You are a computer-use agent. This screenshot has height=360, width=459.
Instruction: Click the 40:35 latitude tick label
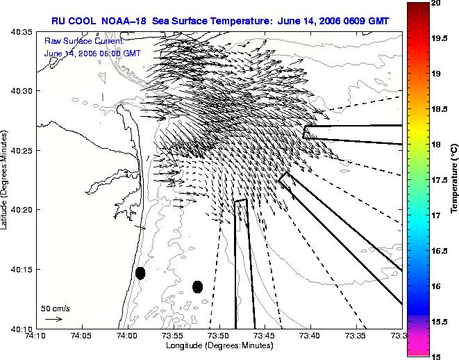coord(22,31)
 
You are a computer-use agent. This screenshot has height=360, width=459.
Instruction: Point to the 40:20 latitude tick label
coord(22,210)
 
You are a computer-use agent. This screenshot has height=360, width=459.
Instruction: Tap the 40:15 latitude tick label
coord(22,269)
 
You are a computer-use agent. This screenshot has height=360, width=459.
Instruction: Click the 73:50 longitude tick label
coord(219,336)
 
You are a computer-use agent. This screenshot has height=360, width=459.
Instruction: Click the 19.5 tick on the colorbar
coord(440,38)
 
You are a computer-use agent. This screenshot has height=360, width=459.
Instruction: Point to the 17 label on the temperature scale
coord(436,215)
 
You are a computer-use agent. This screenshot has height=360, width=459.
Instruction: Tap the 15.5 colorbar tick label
coord(440,322)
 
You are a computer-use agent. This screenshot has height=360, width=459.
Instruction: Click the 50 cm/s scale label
coord(56,309)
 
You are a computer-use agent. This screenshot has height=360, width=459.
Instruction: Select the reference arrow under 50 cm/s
coord(53,319)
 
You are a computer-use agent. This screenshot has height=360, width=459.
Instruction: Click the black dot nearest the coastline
coord(140,273)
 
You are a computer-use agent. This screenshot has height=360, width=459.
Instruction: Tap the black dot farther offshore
coord(198,287)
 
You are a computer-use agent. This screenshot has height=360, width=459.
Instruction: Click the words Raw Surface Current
coord(84,41)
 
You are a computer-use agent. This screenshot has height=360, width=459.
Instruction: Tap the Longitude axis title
coord(219,345)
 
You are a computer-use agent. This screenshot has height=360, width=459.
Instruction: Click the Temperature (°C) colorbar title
coord(454,179)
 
